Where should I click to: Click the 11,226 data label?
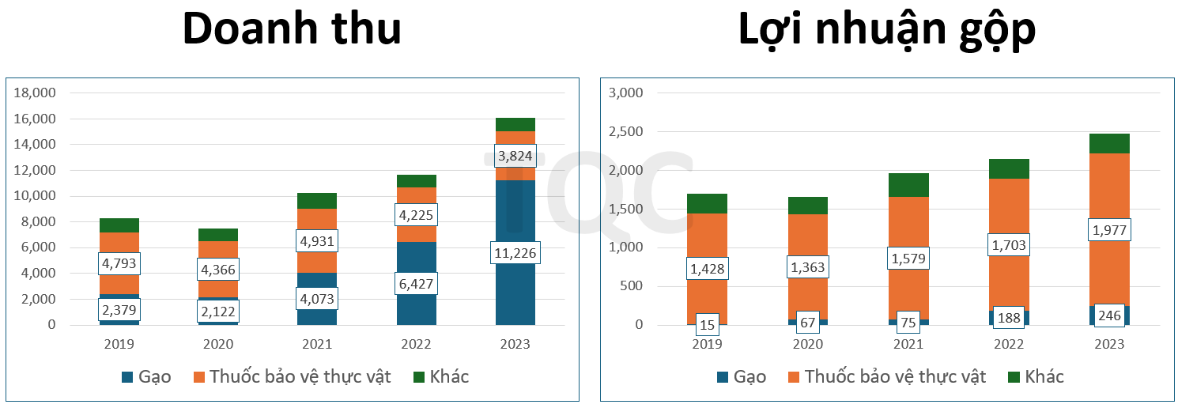click(515, 253)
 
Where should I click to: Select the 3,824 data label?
click(515, 156)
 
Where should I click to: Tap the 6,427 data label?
click(416, 284)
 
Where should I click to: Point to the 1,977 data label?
click(1109, 230)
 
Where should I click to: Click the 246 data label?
click(1109, 315)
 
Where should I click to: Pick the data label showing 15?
click(707, 324)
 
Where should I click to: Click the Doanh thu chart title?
click(292, 30)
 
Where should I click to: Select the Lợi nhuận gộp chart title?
click(886, 30)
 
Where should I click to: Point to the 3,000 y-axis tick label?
click(627, 93)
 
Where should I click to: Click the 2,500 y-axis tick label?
click(627, 131)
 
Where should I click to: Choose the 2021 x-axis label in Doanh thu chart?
click(317, 344)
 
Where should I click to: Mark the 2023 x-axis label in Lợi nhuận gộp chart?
click(1109, 344)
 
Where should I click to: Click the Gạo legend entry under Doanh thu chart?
click(146, 376)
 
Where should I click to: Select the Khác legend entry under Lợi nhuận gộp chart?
click(1036, 376)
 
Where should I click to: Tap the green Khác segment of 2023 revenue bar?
click(515, 124)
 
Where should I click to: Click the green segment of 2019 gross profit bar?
click(707, 203)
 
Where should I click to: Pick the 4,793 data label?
click(119, 262)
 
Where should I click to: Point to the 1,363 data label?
click(808, 267)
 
